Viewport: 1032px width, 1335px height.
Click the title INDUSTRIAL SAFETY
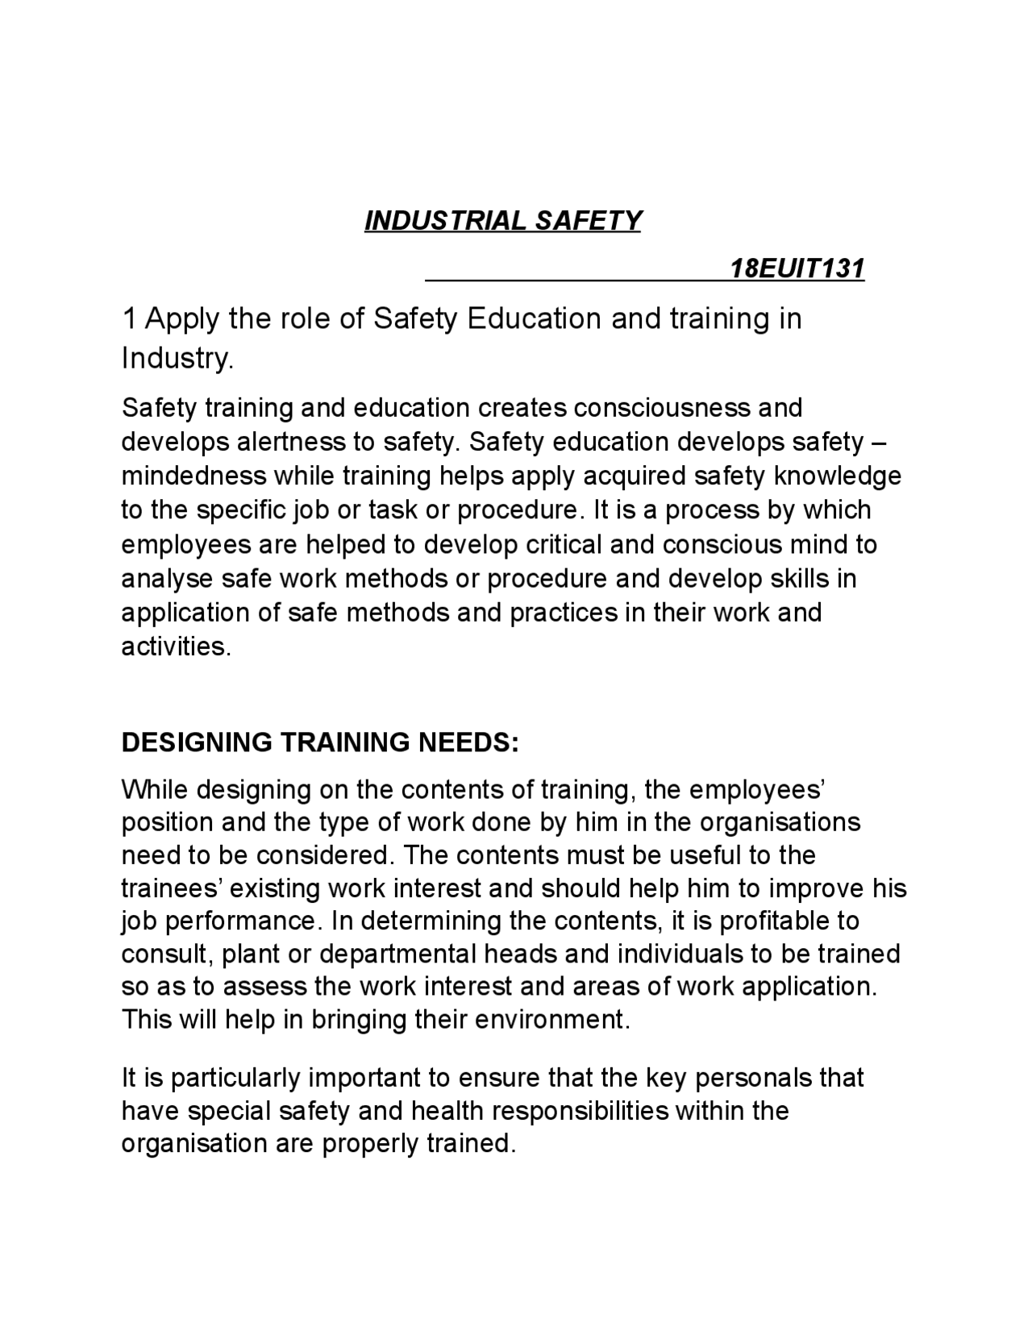coord(502,220)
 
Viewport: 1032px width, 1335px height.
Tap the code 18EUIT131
coord(797,268)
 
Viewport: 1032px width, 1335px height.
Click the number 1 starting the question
coord(128,319)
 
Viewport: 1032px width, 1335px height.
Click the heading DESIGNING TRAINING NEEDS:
coord(320,742)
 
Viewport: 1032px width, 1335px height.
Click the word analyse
coord(167,579)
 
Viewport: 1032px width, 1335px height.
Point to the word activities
coord(176,647)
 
